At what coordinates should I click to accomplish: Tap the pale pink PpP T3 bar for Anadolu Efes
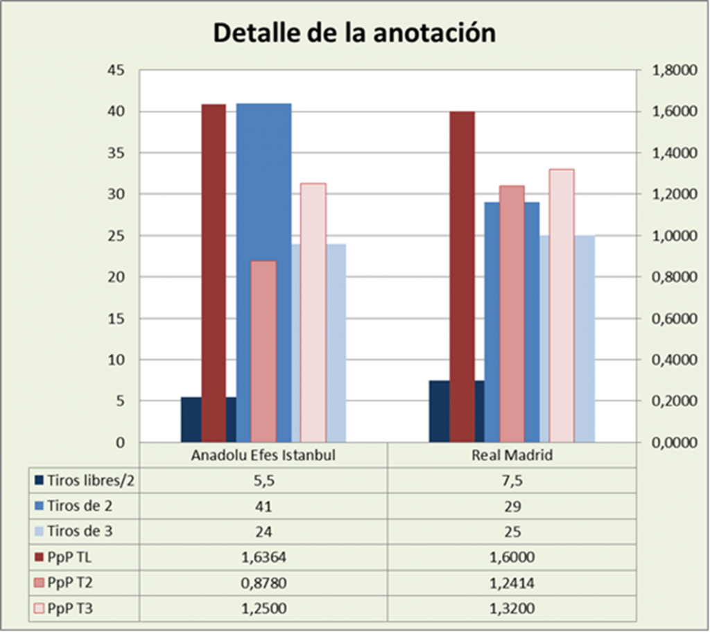pyautogui.click(x=313, y=312)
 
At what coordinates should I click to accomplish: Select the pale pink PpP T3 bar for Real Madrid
pyautogui.click(x=562, y=305)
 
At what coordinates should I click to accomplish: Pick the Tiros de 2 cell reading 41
pyautogui.click(x=263, y=506)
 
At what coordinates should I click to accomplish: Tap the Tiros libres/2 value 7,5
pyautogui.click(x=511, y=480)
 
